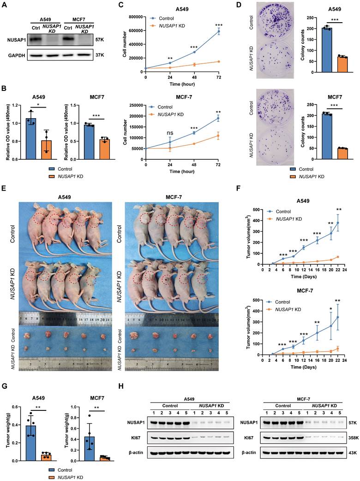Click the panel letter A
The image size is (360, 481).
(5, 6)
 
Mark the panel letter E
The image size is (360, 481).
(5, 190)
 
